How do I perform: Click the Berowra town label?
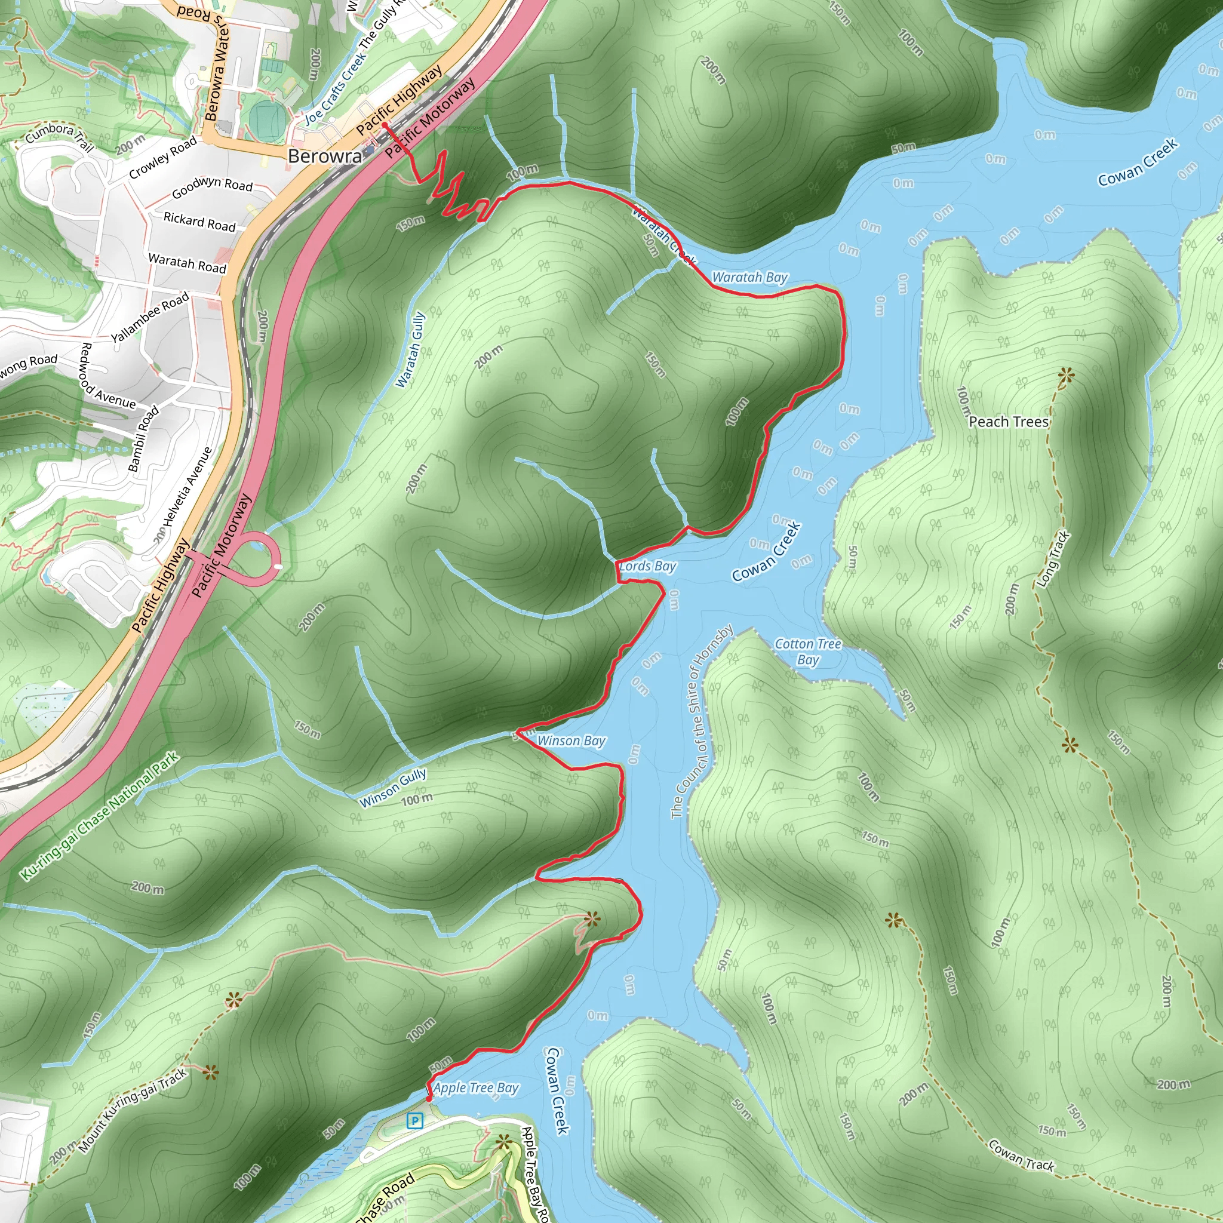tap(325, 156)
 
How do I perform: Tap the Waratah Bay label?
tap(749, 277)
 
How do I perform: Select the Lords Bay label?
tap(647, 566)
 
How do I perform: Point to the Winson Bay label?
tap(571, 740)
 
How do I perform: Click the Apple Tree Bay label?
tap(476, 1087)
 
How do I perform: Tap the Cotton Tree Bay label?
tap(809, 652)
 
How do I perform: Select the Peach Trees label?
tap(1009, 422)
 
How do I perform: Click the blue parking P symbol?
tap(414, 1121)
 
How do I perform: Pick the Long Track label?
tap(1053, 559)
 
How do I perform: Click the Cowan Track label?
tap(1021, 1156)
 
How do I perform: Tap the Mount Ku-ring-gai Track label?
tap(133, 1110)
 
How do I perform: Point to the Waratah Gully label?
tap(410, 349)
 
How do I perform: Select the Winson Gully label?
tap(393, 788)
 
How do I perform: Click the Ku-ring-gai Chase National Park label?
tap(100, 816)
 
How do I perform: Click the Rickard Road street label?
tap(199, 222)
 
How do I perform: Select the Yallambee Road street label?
tap(150, 316)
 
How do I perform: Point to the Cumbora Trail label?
tap(60, 137)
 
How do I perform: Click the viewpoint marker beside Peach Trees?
tap(1066, 377)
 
